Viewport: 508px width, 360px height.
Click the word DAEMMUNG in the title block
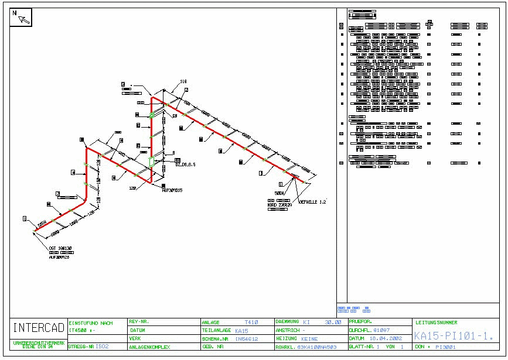click(x=287, y=322)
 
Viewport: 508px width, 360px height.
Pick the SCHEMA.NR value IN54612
click(x=247, y=338)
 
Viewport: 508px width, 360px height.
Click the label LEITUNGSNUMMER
click(x=437, y=323)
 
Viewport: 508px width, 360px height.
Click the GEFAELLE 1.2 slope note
click(x=312, y=202)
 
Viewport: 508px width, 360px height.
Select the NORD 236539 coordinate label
click(x=279, y=205)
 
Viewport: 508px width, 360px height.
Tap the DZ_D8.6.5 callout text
click(x=185, y=164)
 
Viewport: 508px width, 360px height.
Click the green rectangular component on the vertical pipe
click(x=151, y=161)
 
